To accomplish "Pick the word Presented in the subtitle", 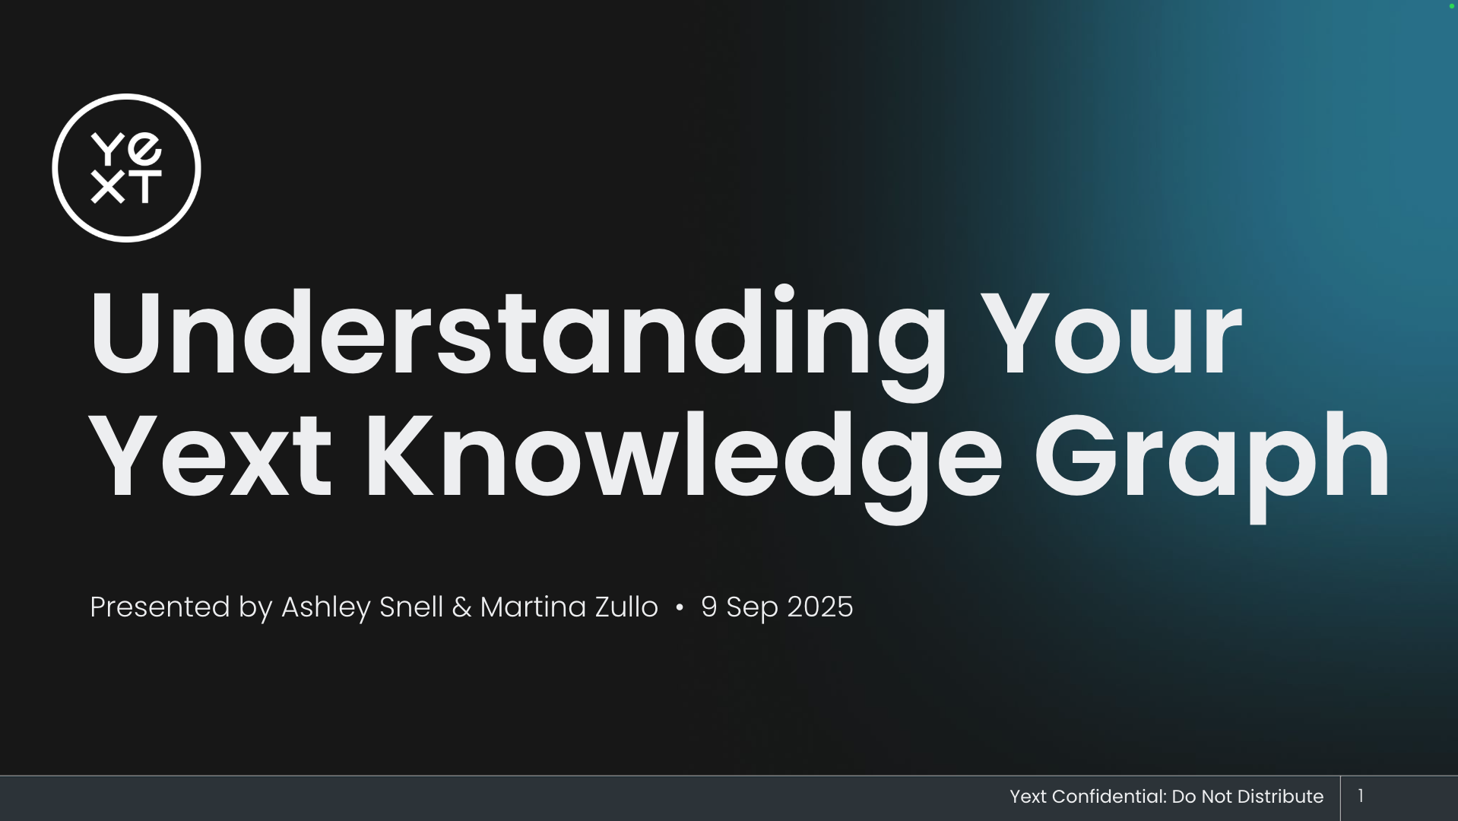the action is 160,607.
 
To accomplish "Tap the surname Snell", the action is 410,607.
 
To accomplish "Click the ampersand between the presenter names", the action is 461,607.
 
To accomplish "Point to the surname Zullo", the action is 626,607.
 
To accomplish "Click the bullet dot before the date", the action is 680,607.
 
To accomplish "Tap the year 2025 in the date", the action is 819,607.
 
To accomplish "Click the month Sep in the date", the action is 752,609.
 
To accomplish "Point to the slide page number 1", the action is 1361,795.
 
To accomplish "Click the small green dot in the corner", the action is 1451,6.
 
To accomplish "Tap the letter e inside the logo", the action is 144,147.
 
